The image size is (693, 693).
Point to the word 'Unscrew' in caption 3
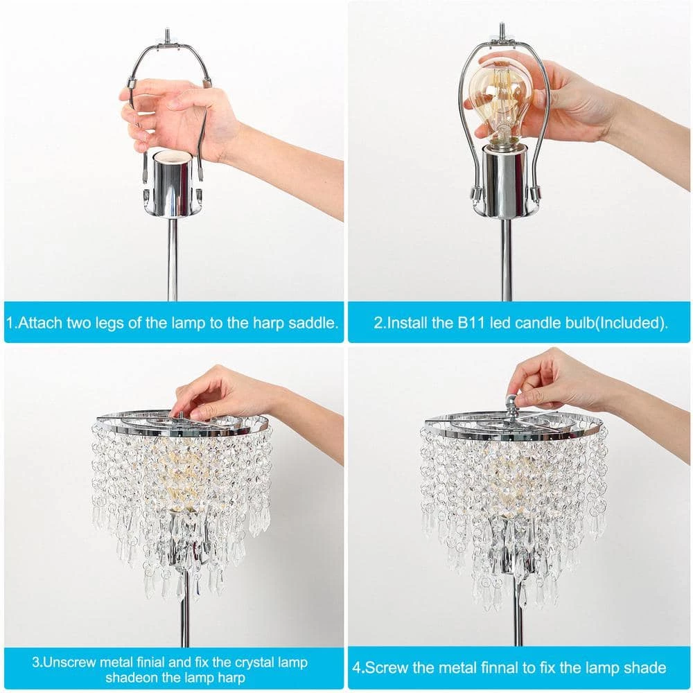(71, 662)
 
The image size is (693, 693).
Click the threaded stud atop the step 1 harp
(168, 34)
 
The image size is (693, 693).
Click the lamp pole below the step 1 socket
(173, 260)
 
